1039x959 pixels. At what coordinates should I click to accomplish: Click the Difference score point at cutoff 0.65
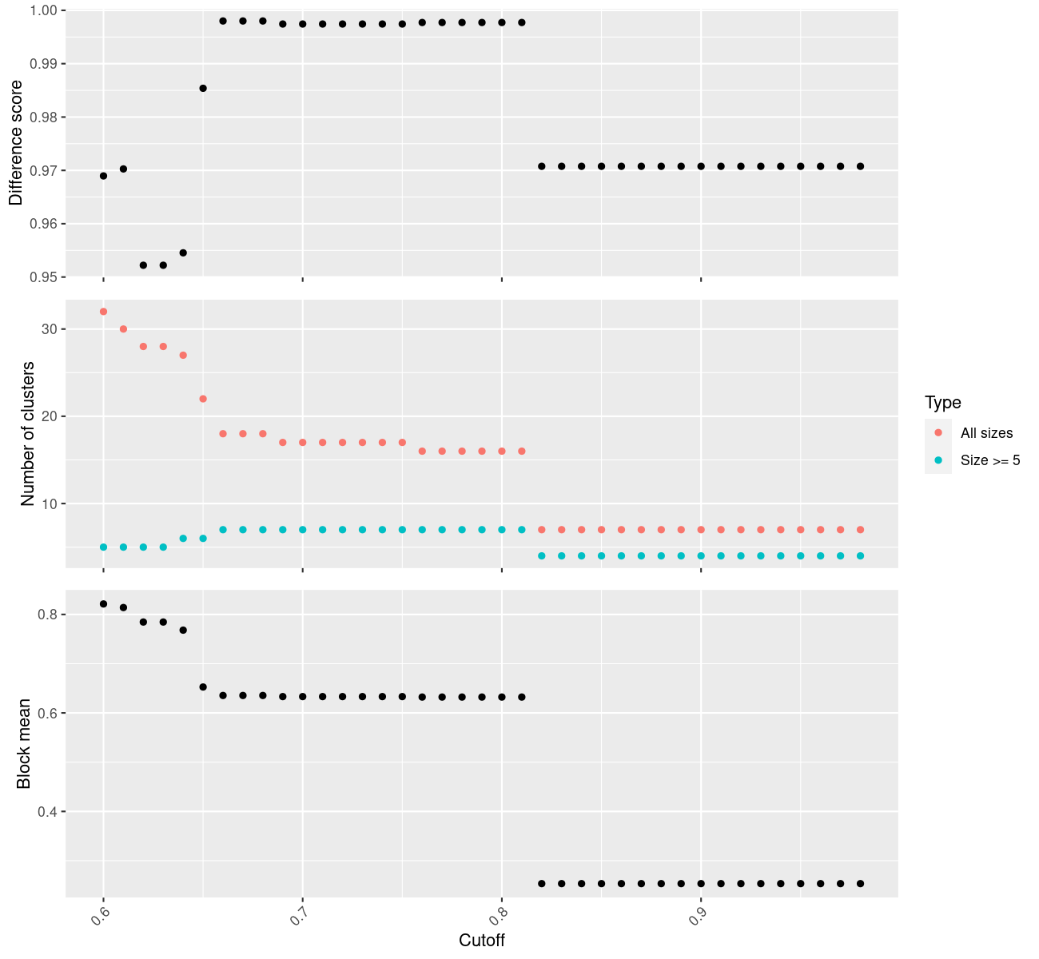point(203,88)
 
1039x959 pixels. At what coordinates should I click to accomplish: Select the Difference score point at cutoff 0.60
point(103,176)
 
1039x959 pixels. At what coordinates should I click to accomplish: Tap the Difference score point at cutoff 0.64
point(183,253)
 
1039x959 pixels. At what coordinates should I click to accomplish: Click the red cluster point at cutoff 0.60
point(103,312)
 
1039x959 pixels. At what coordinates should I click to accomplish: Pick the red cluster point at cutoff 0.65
point(203,399)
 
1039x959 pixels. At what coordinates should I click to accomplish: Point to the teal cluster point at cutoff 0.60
point(103,547)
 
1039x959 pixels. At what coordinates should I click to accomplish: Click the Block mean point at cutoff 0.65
point(203,687)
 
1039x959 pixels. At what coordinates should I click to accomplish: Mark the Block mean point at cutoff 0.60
point(103,604)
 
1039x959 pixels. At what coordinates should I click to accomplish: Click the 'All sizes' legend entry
point(986,433)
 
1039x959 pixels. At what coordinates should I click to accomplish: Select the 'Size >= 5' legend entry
point(989,460)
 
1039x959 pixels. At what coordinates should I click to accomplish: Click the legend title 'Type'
point(943,403)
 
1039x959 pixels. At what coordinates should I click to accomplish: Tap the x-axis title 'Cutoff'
point(482,941)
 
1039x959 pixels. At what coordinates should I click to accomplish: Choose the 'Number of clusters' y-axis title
point(29,434)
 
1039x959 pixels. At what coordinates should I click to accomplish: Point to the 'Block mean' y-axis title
point(25,743)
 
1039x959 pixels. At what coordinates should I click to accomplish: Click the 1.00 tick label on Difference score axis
point(45,10)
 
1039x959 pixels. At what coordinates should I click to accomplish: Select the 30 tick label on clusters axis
point(48,329)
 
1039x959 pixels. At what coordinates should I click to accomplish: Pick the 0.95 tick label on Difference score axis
point(45,277)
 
